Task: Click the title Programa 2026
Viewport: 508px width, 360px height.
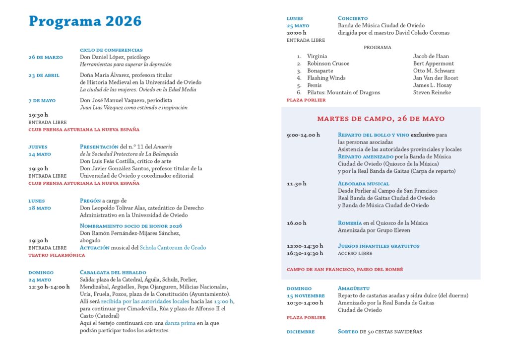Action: (x=85, y=21)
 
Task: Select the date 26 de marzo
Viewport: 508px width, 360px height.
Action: (x=46, y=57)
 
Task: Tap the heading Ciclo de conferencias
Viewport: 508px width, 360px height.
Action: (x=111, y=50)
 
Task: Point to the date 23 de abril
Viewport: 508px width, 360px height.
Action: (x=44, y=75)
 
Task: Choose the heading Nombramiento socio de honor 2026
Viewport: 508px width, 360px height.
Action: (x=131, y=226)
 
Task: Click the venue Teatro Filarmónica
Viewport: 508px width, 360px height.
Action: (x=57, y=255)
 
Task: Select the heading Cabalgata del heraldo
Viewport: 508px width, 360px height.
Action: (x=113, y=273)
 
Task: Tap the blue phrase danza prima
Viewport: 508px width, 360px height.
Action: (x=180, y=323)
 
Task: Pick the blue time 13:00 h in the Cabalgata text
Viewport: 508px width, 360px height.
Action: (x=224, y=301)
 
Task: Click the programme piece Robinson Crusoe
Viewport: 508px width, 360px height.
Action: (x=328, y=64)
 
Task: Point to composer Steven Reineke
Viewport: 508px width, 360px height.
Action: (x=431, y=92)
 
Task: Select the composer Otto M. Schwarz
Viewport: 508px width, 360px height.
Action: (x=433, y=71)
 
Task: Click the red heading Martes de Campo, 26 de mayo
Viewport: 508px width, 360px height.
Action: (x=381, y=119)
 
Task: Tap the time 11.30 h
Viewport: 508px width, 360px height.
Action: (x=297, y=184)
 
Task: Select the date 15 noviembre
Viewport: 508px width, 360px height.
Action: (x=306, y=295)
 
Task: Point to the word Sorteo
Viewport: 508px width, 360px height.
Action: (x=348, y=332)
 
